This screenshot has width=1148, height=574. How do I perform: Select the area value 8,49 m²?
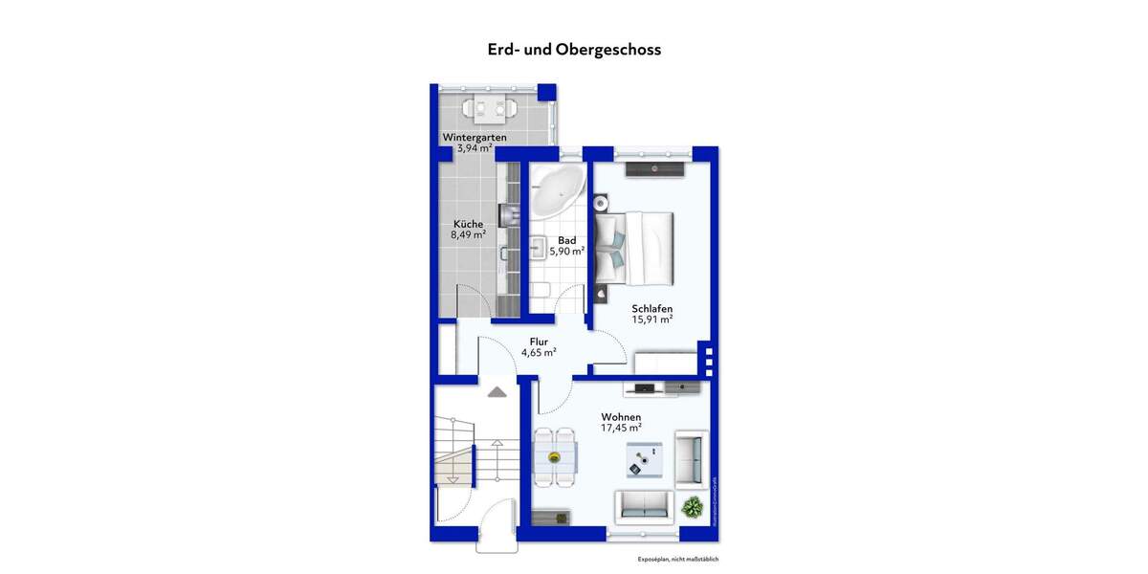coord(468,234)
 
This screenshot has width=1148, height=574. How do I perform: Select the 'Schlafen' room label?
coord(651,308)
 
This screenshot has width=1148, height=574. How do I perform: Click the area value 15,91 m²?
coord(651,320)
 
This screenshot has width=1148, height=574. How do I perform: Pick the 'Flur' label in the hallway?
coord(539,342)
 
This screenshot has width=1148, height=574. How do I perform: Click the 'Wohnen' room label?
coord(621,417)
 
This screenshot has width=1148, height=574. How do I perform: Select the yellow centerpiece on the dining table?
coord(554,457)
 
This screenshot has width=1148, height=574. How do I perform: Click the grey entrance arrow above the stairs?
coord(497,390)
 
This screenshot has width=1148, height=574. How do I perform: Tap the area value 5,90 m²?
coord(566,251)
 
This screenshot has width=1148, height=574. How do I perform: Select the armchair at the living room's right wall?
coord(691,456)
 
